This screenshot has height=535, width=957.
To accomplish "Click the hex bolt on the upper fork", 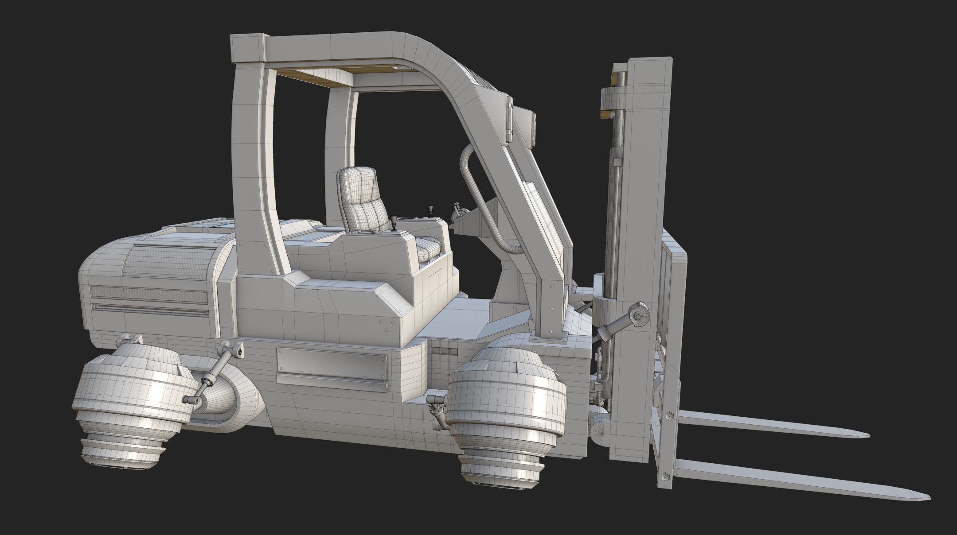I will [x=668, y=416].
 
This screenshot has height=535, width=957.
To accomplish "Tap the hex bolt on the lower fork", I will [x=666, y=477].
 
